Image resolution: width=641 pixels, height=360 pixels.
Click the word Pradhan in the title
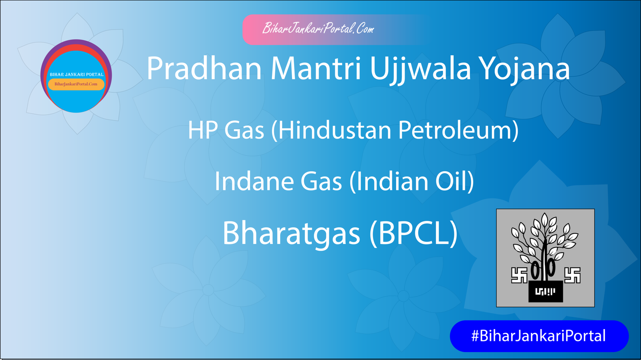click(204, 69)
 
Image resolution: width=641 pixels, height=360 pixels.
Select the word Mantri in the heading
click(316, 69)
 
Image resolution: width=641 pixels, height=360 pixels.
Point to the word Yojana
click(525, 69)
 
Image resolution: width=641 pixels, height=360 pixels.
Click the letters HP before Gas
click(203, 131)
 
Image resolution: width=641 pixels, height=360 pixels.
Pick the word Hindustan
click(334, 131)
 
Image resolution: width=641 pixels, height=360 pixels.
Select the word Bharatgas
click(291, 233)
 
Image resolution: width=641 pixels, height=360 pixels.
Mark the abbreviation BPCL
click(413, 233)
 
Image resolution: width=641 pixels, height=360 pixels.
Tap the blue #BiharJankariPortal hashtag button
click(539, 336)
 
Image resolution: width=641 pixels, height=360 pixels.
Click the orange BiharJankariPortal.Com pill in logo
click(76, 84)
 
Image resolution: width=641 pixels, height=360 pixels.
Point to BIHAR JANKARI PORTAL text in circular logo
click(77, 74)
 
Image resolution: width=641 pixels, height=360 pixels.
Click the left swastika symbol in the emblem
click(519, 275)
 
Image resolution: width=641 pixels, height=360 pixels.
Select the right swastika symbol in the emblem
click(572, 275)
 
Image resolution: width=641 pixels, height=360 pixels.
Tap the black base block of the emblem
click(545, 292)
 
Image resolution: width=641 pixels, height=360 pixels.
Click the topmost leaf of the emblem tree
click(544, 220)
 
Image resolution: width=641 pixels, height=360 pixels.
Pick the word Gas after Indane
click(321, 181)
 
